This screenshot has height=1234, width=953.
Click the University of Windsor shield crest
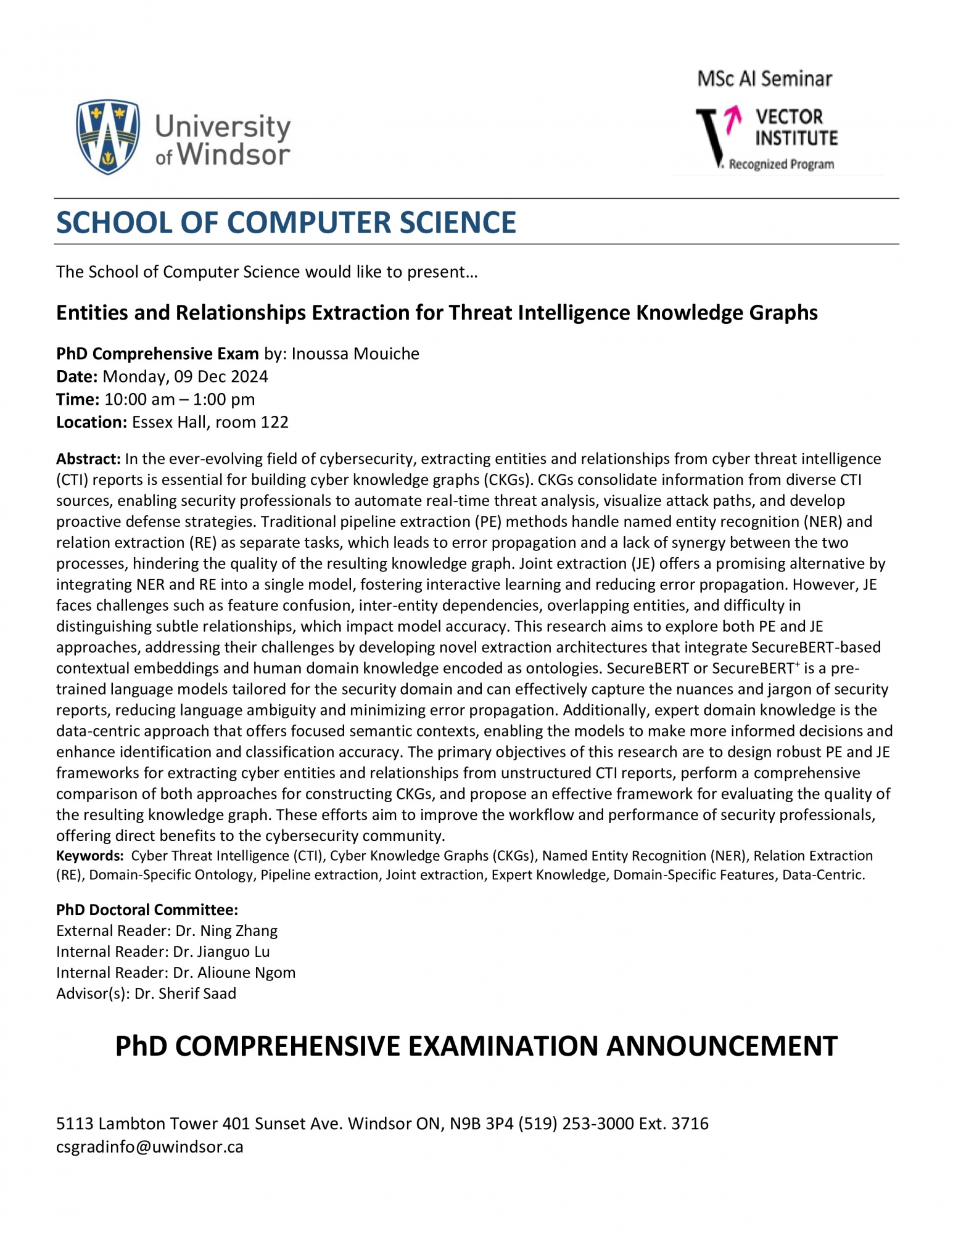point(108,137)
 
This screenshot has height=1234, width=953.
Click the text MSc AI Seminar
point(764,79)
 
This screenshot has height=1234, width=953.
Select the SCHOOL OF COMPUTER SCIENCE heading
point(286,222)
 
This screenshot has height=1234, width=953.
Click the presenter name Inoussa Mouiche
point(355,354)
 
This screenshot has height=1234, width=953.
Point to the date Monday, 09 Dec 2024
point(185,376)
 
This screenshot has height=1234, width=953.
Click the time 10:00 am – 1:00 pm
point(179,399)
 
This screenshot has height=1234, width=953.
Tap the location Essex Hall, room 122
point(210,422)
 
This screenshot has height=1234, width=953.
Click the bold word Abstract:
point(88,459)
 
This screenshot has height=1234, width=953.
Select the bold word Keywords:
point(89,856)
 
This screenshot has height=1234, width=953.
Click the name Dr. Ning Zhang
point(226,930)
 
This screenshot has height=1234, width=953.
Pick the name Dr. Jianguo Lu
point(221,951)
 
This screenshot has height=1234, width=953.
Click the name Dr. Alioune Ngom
point(234,972)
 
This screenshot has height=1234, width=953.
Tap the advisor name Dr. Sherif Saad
point(185,993)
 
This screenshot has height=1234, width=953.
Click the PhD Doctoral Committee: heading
point(147,909)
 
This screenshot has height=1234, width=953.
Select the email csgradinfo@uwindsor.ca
point(149,1147)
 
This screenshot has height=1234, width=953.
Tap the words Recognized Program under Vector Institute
point(781,165)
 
